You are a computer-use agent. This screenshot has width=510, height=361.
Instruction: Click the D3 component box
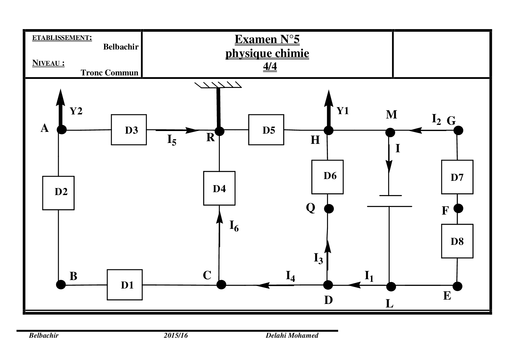[129, 130]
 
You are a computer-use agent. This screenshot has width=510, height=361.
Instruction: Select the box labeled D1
[125, 285]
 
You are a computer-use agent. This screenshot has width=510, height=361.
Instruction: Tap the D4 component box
[219, 188]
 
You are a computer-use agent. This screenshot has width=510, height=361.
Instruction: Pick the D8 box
[457, 241]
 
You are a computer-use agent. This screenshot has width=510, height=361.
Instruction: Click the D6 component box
[327, 177]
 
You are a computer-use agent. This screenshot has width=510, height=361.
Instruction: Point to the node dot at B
[61, 284]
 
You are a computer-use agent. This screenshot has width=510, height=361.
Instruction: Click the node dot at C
[221, 284]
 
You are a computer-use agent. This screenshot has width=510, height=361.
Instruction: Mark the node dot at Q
[329, 209]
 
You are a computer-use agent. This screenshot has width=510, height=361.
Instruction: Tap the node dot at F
[459, 208]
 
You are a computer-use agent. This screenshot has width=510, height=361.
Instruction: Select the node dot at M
[390, 133]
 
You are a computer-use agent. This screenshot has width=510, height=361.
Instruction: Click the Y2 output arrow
[61, 108]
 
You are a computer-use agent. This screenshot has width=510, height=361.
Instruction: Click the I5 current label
[172, 140]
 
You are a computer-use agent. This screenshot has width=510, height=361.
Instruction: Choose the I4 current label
[290, 276]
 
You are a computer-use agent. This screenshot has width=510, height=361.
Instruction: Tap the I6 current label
[234, 226]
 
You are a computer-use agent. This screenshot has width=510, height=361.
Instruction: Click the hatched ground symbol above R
[218, 85]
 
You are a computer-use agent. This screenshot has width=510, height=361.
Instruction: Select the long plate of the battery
[389, 206]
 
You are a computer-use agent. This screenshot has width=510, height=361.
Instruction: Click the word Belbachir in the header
[121, 47]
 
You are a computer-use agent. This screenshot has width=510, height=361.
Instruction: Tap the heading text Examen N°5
[267, 40]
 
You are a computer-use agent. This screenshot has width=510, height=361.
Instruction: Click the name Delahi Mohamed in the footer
[292, 335]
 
